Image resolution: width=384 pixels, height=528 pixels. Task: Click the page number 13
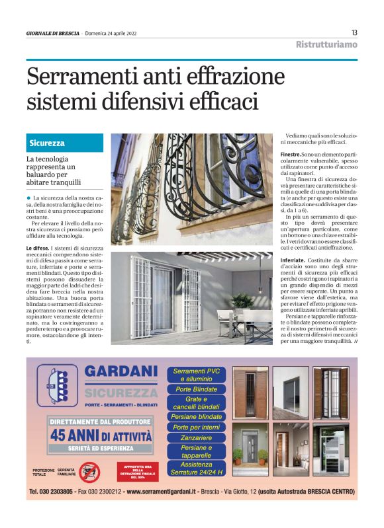point(354,32)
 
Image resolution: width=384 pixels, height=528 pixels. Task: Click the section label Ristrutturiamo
point(326,44)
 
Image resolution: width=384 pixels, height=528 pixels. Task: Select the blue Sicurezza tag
point(47,143)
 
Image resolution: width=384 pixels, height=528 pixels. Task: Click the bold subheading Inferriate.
point(292,260)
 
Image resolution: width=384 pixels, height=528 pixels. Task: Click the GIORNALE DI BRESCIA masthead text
point(52,33)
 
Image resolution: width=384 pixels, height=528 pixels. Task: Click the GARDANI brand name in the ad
point(121,374)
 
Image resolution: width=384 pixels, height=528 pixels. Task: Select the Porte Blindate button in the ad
point(196,389)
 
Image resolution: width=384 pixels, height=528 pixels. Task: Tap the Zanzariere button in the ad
point(196,437)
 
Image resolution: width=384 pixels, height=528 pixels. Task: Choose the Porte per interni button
point(196,428)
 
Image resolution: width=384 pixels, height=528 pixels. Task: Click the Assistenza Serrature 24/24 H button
point(196,468)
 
